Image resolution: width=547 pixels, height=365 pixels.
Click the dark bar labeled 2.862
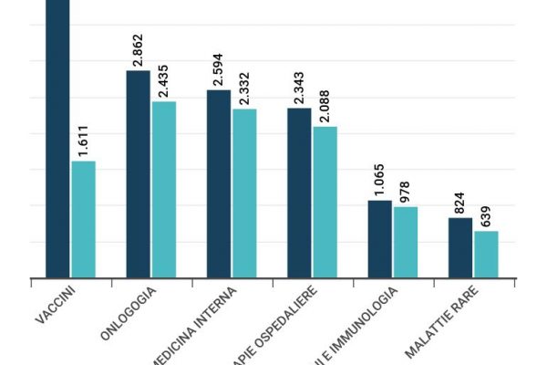pyautogui.click(x=138, y=173)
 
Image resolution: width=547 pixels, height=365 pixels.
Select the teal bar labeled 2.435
pyautogui.click(x=164, y=189)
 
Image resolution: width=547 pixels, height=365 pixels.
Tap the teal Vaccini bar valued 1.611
pyautogui.click(x=84, y=219)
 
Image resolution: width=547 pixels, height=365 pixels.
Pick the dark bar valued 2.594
pyautogui.click(x=219, y=183)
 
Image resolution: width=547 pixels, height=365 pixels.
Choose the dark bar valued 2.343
pyautogui.click(x=299, y=193)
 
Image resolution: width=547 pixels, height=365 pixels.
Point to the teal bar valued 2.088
pyautogui.click(x=325, y=202)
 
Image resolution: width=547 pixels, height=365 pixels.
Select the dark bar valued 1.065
pyautogui.click(x=379, y=238)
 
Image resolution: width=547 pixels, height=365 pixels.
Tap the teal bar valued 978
pyautogui.click(x=405, y=242)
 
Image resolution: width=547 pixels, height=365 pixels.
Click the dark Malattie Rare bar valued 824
pyautogui.click(x=460, y=247)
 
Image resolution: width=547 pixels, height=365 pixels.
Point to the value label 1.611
pyautogui.click(x=84, y=141)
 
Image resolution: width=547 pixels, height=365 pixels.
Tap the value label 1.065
pyautogui.click(x=379, y=181)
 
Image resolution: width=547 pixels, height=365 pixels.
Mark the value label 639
pyautogui.click(x=486, y=217)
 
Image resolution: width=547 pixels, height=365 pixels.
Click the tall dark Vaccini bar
pyautogui.click(x=57, y=137)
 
